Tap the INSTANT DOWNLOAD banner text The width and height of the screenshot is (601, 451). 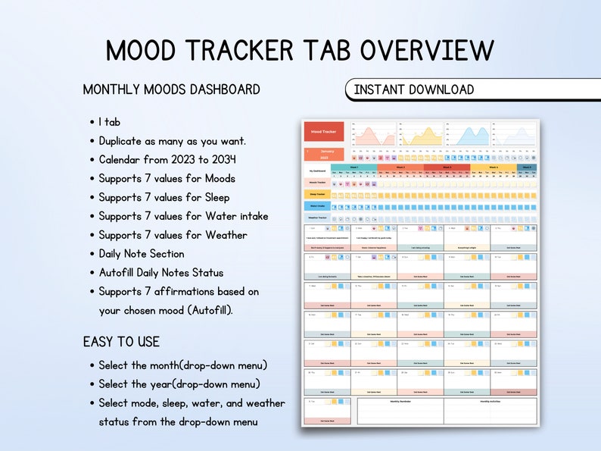413,89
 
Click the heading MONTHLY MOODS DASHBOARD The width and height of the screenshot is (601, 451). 171,89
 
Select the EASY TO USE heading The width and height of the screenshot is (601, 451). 121,342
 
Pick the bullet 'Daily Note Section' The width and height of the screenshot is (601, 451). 142,254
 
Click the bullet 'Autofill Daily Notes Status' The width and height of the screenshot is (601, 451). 160,272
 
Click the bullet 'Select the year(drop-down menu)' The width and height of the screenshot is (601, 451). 179,384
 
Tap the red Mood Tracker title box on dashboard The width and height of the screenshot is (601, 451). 323,132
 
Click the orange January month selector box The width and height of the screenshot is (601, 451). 323,154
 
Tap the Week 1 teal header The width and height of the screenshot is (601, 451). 353,168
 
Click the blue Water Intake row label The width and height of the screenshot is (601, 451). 316,205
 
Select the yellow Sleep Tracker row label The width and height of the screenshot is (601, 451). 316,194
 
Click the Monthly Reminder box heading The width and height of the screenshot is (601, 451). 400,401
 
